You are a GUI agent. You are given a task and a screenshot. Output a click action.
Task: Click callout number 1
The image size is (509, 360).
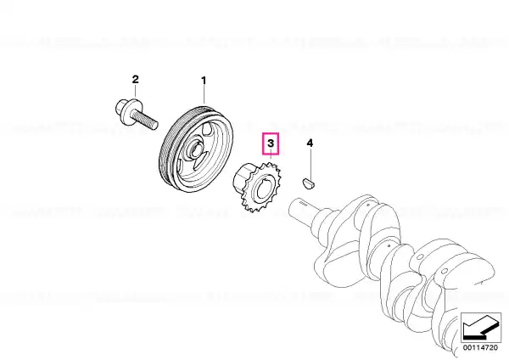click(204, 81)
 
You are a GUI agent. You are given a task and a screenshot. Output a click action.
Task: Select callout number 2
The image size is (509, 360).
click(136, 79)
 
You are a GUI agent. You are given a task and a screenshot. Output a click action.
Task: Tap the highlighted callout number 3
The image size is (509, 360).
click(271, 143)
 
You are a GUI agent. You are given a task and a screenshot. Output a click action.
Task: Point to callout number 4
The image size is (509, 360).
click(310, 143)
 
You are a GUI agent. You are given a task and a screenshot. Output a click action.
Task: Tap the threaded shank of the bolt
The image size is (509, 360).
click(145, 119)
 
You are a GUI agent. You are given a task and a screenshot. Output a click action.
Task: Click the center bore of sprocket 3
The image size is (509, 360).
click(263, 188)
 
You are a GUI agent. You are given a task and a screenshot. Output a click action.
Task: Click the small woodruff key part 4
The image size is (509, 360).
click(309, 183)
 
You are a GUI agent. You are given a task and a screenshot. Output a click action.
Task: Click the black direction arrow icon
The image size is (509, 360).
click(481, 328)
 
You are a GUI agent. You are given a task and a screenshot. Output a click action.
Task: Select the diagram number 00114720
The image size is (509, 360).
click(480, 347)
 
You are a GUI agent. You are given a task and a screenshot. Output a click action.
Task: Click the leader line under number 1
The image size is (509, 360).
click(204, 94)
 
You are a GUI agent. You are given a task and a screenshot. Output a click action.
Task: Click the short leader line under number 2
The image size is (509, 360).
click(136, 91)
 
